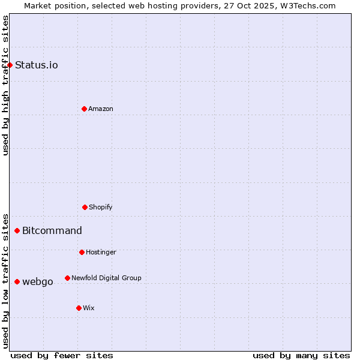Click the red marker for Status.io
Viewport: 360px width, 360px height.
pyautogui.click(x=10, y=65)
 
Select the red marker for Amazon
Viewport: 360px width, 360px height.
pyautogui.click(x=84, y=109)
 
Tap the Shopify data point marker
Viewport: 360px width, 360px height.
pyautogui.click(x=85, y=207)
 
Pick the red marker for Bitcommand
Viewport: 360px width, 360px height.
pyautogui.click(x=17, y=230)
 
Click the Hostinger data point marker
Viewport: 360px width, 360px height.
pyautogui.click(x=82, y=252)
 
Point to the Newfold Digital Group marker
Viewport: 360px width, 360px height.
pyautogui.click(x=67, y=278)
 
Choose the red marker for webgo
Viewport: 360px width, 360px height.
pyautogui.click(x=17, y=281)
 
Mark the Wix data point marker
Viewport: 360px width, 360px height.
pyautogui.click(x=79, y=308)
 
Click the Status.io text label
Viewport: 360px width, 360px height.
pyautogui.click(x=37, y=65)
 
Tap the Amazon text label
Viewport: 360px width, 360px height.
pyautogui.click(x=101, y=109)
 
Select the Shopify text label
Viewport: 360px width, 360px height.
pyautogui.click(x=101, y=207)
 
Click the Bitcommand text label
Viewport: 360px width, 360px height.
pyautogui.click(x=52, y=230)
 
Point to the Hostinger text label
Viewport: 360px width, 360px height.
pyautogui.click(x=101, y=252)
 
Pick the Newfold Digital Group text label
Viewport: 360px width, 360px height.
pyautogui.click(x=106, y=278)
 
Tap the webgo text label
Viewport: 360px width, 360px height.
pyautogui.click(x=38, y=281)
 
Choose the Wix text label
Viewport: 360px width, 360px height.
pyautogui.click(x=89, y=308)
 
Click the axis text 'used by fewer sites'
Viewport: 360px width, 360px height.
pyautogui.click(x=62, y=355)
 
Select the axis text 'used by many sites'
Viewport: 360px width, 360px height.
pyautogui.click(x=301, y=355)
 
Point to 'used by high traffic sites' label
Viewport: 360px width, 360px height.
pyautogui.click(x=5, y=85)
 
